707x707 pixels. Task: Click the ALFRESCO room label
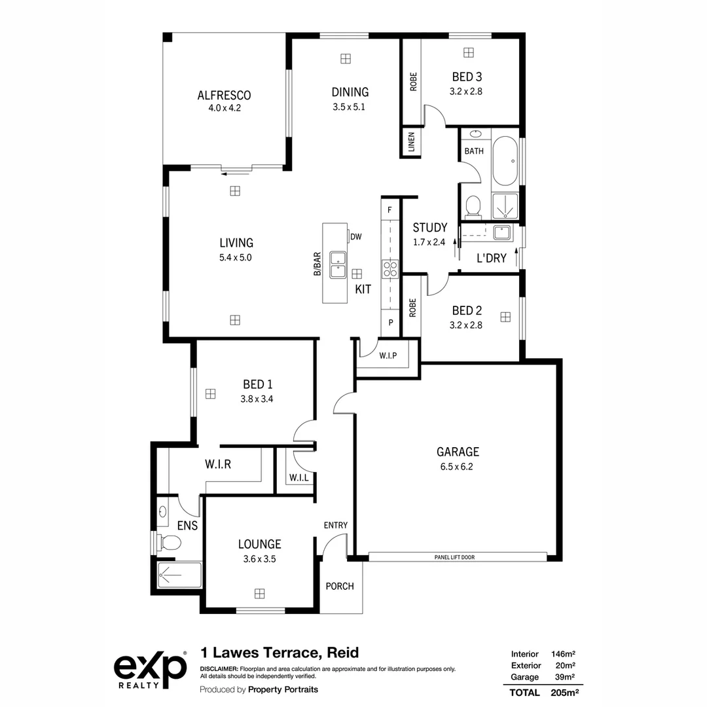224,95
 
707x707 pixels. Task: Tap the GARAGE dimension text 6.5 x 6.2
457,467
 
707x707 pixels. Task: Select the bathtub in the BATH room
505,161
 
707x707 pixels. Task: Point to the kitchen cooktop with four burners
390,269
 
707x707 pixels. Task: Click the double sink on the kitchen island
338,264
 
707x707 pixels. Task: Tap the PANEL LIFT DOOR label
454,557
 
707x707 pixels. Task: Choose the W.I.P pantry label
388,355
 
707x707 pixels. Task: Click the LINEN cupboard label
411,142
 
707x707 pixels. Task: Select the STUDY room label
430,228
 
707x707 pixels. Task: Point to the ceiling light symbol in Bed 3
469,53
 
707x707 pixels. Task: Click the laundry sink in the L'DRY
501,232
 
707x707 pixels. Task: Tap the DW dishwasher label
355,237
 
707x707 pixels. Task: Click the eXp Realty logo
150,670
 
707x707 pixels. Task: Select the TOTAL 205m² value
564,693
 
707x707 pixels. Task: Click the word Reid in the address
342,653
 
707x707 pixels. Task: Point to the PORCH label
340,586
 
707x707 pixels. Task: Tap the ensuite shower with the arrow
179,575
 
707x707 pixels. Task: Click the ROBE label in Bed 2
412,308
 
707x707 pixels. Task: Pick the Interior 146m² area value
563,654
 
